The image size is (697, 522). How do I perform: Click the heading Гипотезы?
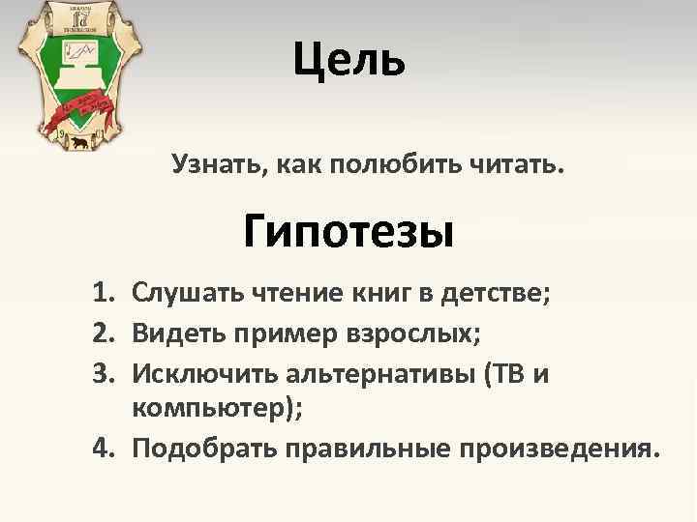coord(348,232)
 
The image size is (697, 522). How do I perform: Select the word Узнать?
coord(214,165)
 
